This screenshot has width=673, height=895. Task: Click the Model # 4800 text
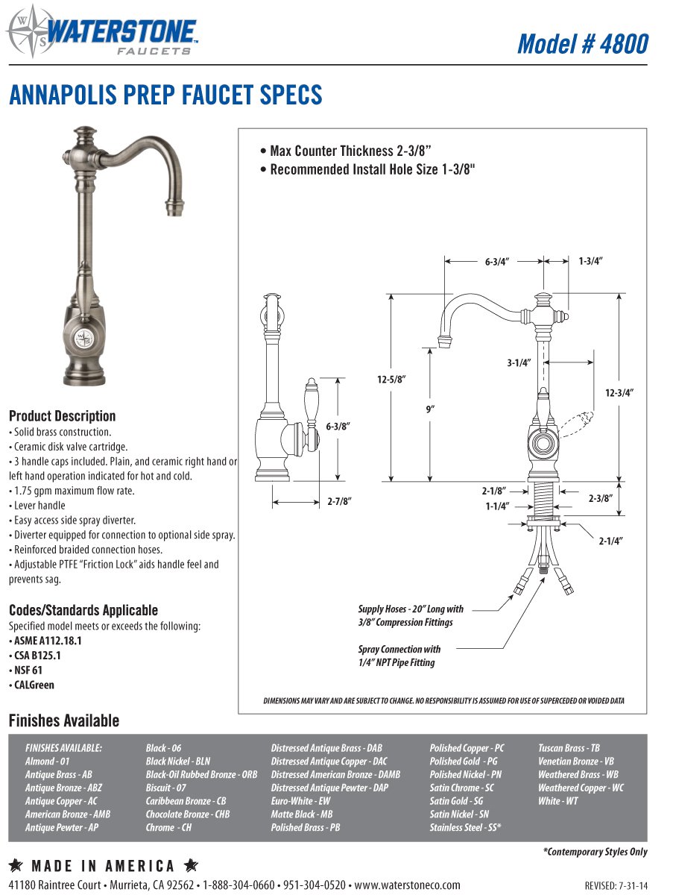[x=582, y=43]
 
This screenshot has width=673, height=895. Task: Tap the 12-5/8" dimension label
[x=390, y=380]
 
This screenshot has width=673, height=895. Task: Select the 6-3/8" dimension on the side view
[x=338, y=425]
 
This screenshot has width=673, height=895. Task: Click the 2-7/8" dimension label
[x=338, y=502]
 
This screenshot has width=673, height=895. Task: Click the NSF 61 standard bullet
[x=28, y=670]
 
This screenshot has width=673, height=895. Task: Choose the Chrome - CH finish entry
[x=168, y=828]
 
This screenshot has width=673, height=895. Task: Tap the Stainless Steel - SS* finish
[x=464, y=828]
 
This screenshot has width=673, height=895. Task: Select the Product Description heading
[x=62, y=415]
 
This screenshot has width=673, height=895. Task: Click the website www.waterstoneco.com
[x=407, y=885]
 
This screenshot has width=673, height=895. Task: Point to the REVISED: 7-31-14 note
[x=615, y=886]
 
